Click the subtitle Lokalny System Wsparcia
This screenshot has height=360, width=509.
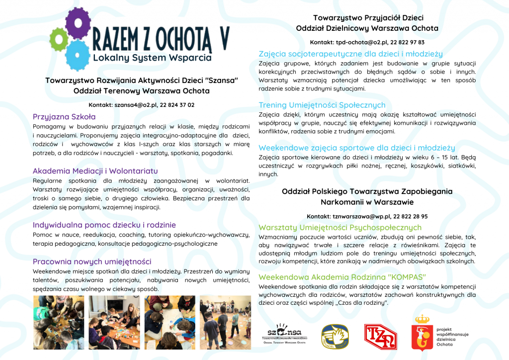pyautogui.click(x=152, y=58)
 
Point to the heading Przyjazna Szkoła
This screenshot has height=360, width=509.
pyautogui.click(x=64, y=117)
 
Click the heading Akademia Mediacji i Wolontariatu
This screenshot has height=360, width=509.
pyautogui.click(x=95, y=171)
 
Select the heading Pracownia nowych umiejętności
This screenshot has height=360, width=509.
pyautogui.click(x=92, y=262)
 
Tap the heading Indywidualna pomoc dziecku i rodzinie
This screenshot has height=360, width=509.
pyautogui.click(x=104, y=225)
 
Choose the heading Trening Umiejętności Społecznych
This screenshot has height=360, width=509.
pyautogui.click(x=322, y=105)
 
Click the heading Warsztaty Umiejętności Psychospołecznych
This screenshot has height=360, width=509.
pyautogui.click(x=340, y=227)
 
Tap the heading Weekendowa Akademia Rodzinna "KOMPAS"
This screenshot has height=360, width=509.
pyautogui.click(x=342, y=276)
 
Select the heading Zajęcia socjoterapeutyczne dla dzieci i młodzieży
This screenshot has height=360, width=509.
pyautogui.click(x=350, y=54)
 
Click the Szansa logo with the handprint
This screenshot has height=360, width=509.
pyautogui.click(x=284, y=334)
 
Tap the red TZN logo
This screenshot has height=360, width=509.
pyautogui.click(x=380, y=337)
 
